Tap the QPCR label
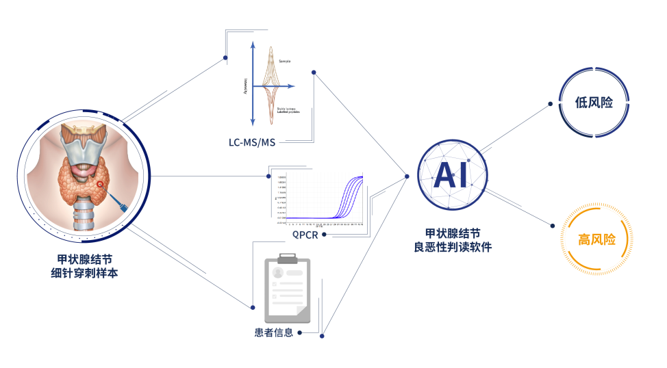pos(305,235)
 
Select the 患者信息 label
pos(273,333)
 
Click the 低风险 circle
pos(593,103)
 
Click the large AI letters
pos(453,175)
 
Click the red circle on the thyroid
pos(101,185)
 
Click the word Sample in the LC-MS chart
pos(284,62)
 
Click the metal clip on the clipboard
pos(288,258)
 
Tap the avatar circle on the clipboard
pos(278,272)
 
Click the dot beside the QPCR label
pos(325,235)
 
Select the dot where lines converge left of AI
pos(406,176)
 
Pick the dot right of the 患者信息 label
pos(323,334)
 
